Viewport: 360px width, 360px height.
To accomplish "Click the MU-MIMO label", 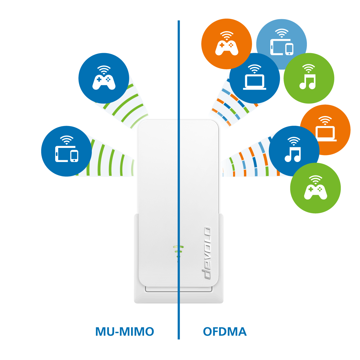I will click(124, 332).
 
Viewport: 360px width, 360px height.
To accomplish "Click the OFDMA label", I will click(225, 332).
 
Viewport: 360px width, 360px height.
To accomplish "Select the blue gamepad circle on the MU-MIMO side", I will click(104, 78).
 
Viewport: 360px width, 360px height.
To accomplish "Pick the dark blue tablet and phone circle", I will click(66, 151).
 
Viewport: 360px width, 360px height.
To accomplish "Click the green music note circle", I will click(309, 78).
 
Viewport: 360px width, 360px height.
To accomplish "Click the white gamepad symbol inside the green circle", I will click(316, 192).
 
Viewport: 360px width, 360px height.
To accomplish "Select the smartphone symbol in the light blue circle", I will click(289, 49).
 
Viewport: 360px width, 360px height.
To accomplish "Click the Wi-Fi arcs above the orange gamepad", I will click(227, 35).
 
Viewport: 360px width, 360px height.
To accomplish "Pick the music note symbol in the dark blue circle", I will click(293, 154).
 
